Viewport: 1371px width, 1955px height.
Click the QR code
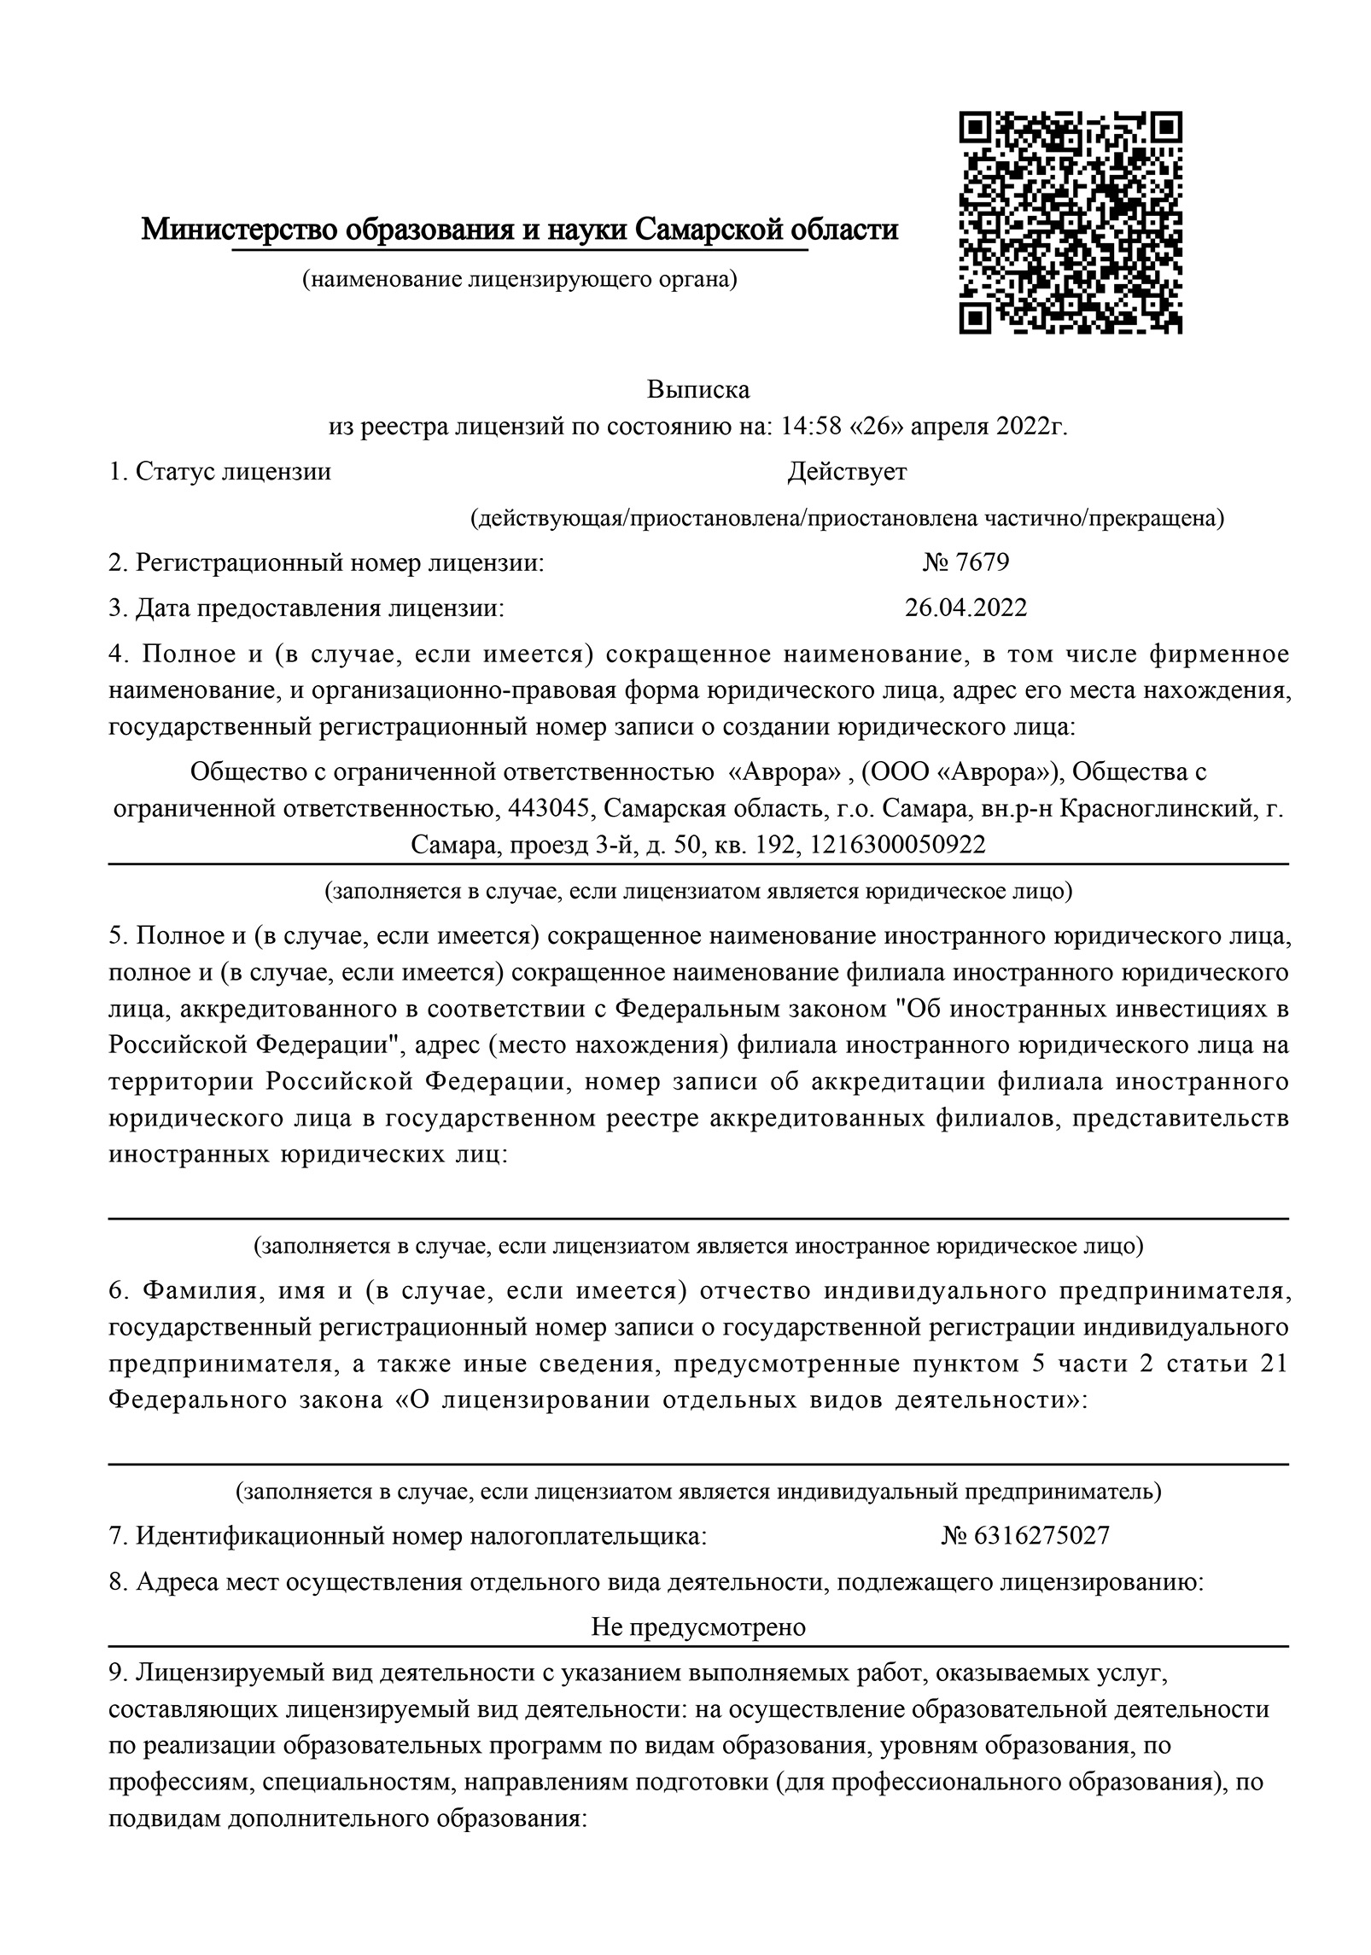[x=1071, y=221]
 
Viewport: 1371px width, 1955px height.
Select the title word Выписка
[x=697, y=390]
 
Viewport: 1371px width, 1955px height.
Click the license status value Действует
[x=847, y=471]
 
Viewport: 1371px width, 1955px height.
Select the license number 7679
[x=983, y=562]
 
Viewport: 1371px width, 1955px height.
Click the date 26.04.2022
[x=966, y=608]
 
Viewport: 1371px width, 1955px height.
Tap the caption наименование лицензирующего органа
[x=519, y=279]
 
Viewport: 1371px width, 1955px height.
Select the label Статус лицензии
[x=232, y=471]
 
